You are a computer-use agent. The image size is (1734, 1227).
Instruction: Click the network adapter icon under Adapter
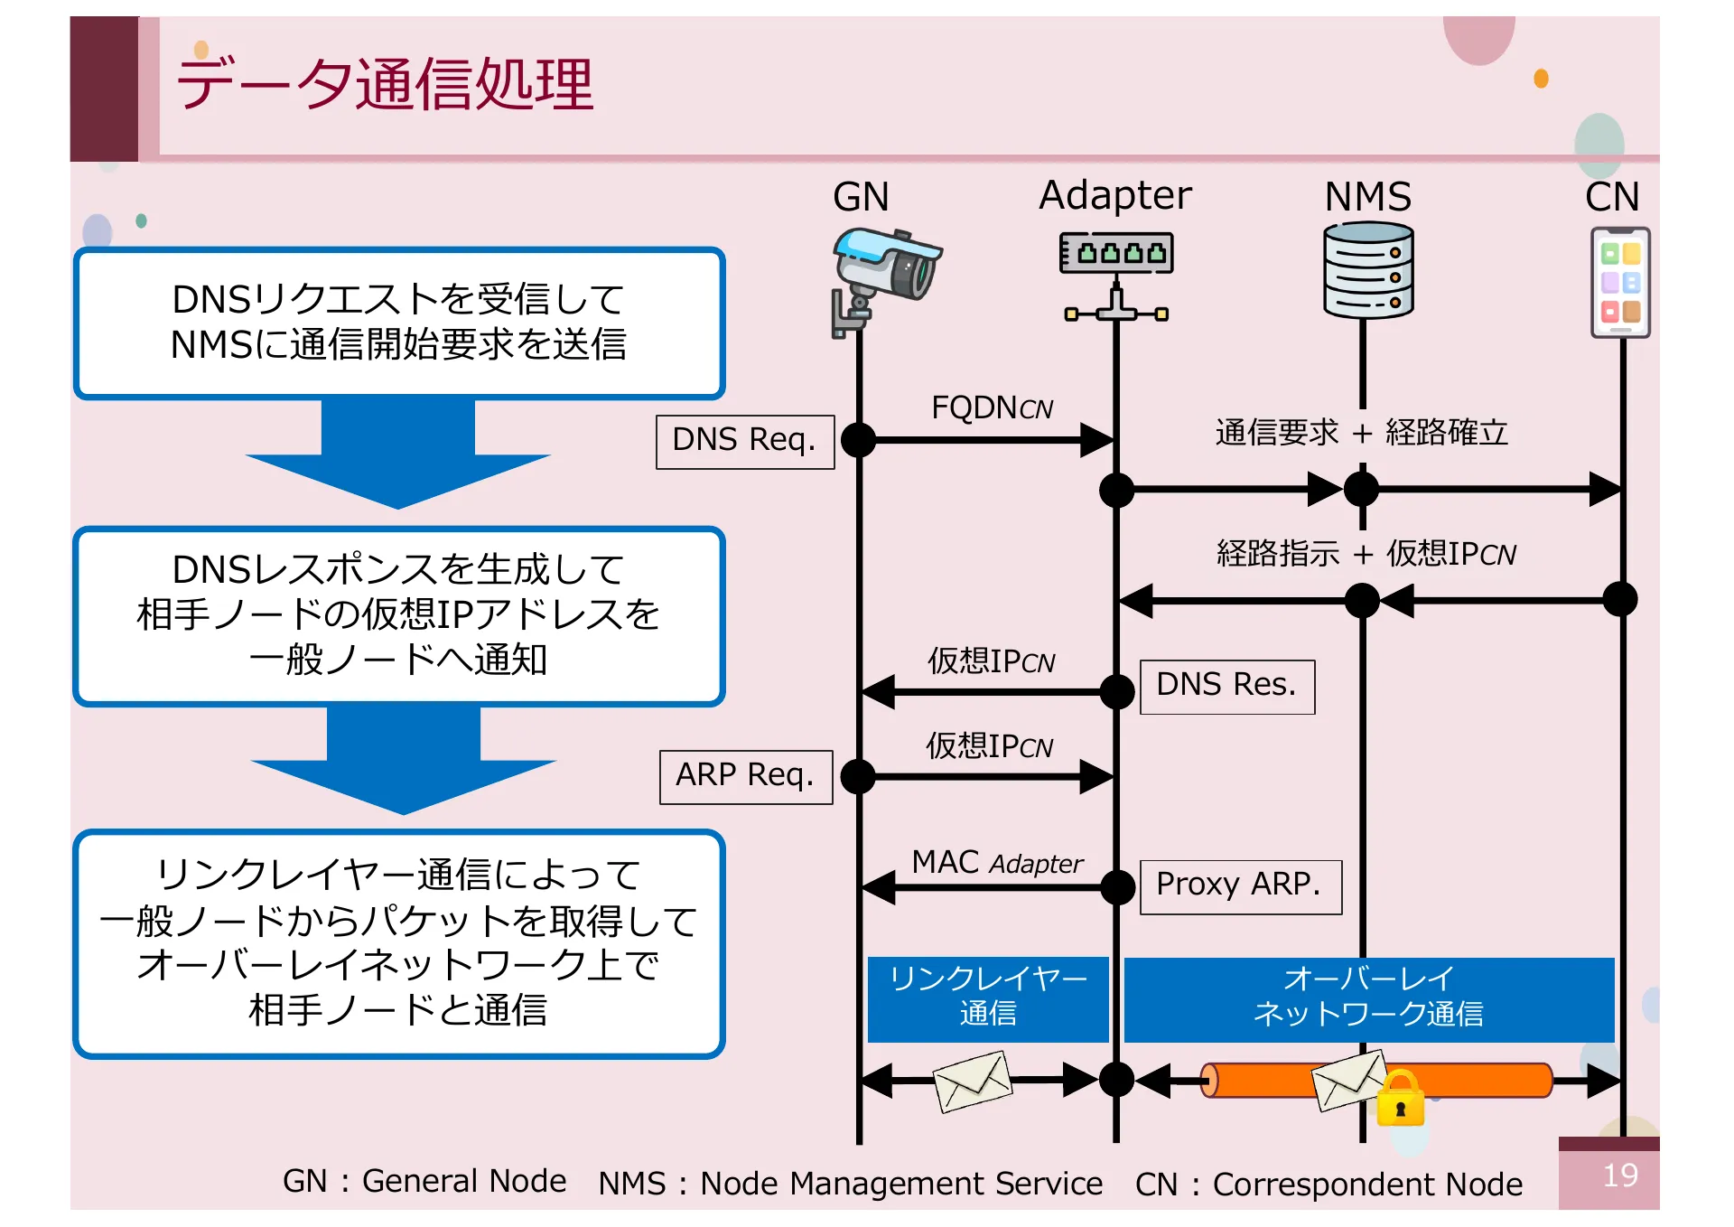[x=1116, y=275]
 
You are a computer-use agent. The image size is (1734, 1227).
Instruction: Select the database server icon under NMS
[x=1368, y=270]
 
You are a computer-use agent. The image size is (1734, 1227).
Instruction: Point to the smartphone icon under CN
[x=1620, y=283]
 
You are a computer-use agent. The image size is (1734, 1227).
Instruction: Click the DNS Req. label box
[x=745, y=441]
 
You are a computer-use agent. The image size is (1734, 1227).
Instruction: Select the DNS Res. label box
[x=1226, y=686]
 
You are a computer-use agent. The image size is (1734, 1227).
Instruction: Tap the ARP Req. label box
[x=745, y=776]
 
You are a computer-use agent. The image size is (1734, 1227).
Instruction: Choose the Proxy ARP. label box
[x=1240, y=885]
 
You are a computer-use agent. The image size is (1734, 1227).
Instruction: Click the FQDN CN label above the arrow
[x=992, y=407]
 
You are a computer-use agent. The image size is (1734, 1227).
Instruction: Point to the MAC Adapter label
[x=996, y=862]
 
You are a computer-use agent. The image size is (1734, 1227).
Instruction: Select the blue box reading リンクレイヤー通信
[x=988, y=998]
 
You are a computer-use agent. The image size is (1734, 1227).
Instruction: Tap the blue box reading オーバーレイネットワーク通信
[x=1368, y=998]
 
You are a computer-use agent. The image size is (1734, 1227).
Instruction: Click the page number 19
[x=1619, y=1175]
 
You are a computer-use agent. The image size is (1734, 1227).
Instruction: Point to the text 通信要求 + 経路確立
[x=1361, y=433]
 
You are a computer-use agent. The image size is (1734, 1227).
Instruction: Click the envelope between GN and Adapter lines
[x=972, y=1081]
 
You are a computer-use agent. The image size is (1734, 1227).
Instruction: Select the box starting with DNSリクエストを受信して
[x=398, y=323]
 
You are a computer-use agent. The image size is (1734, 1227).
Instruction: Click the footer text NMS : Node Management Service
[x=850, y=1183]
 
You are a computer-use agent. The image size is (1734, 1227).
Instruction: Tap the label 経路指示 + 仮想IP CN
[x=1365, y=553]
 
